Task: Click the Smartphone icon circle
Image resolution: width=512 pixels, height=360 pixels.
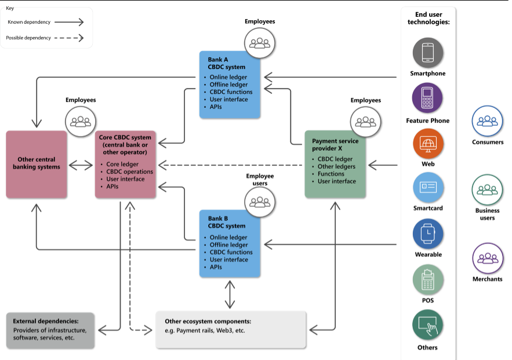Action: coord(428,53)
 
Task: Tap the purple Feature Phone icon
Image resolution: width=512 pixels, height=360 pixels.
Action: coord(428,98)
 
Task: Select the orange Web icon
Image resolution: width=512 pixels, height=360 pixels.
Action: coord(428,144)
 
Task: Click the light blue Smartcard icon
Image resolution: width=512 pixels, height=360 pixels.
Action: coord(428,188)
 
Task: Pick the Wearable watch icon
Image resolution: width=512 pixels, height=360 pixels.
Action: coord(428,234)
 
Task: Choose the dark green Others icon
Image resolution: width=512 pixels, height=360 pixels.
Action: coord(428,326)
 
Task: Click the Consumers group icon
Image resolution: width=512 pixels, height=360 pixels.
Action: coord(488,121)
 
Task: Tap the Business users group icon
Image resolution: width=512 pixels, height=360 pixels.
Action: coord(488,189)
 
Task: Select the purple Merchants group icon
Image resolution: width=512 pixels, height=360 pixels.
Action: coord(488,258)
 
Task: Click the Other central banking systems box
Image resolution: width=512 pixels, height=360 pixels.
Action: coord(37,165)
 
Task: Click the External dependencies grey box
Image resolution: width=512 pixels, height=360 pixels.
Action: coord(50,330)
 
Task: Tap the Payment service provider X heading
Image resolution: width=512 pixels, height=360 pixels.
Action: coord(335,144)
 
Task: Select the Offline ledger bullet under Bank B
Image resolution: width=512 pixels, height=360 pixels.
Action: coord(228,245)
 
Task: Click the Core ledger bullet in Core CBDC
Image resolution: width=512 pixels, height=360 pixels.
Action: coord(121,164)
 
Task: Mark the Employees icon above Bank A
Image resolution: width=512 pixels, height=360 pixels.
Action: coord(260,42)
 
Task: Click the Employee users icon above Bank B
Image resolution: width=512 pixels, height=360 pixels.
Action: coord(260,201)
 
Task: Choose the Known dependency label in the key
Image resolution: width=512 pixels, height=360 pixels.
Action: coord(29,22)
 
